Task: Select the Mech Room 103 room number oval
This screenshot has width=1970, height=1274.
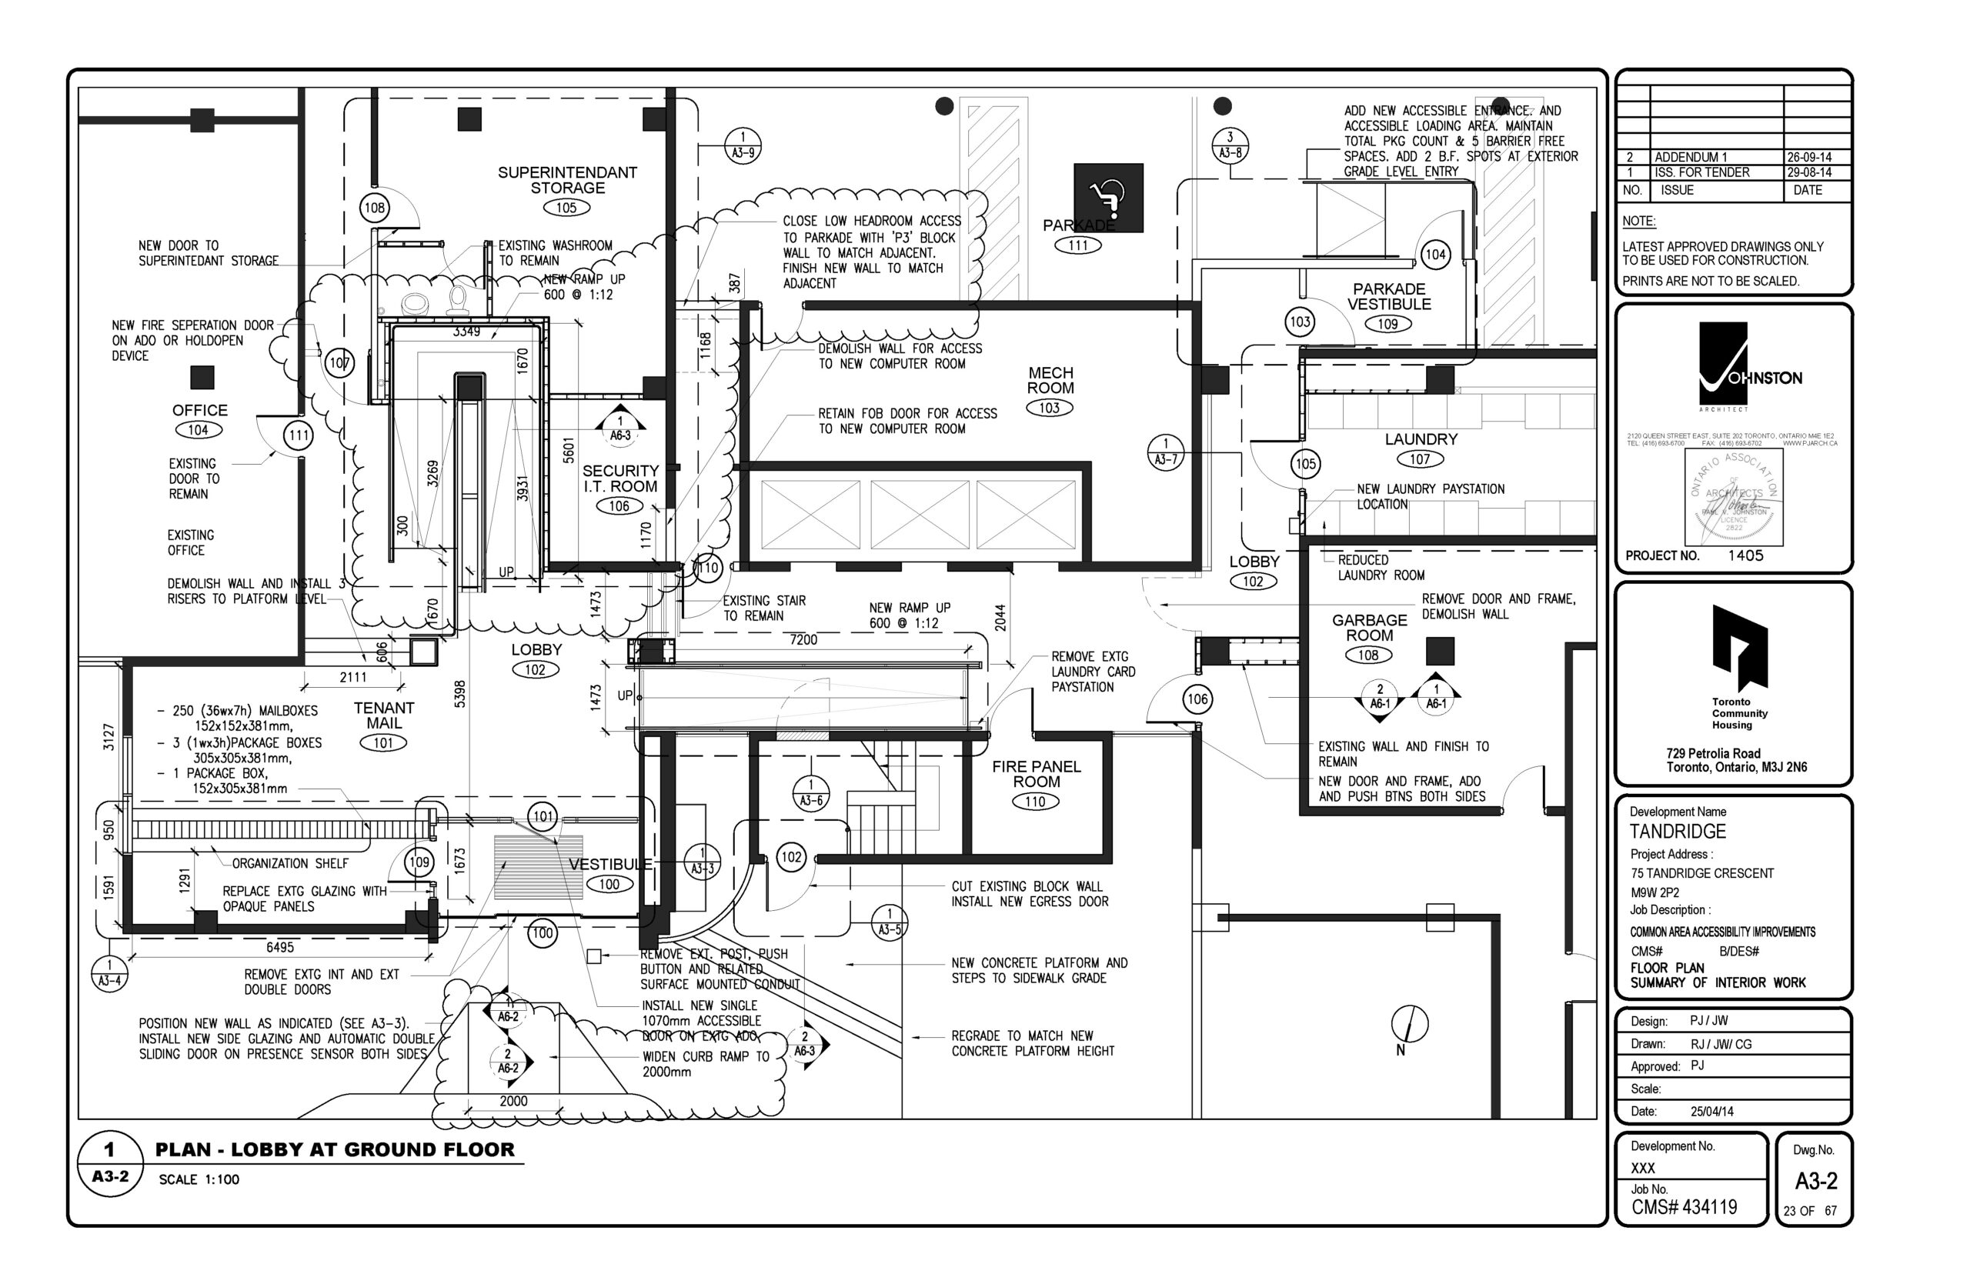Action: click(1048, 408)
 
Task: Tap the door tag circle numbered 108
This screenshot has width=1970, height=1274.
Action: click(374, 208)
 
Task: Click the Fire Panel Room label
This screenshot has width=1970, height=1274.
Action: click(1036, 775)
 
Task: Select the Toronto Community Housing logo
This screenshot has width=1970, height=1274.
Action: click(1738, 649)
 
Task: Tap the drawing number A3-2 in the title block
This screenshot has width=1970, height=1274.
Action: click(1815, 1182)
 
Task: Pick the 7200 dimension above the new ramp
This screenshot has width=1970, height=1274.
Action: click(803, 639)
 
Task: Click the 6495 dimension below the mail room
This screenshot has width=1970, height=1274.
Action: click(279, 947)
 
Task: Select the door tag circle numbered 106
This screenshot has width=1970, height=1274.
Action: click(1197, 699)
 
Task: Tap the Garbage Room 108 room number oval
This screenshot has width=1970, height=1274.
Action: click(1367, 655)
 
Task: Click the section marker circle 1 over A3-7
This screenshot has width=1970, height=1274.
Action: click(1165, 452)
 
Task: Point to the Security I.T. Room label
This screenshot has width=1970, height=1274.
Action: click(619, 479)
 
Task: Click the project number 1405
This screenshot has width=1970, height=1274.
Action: click(1745, 556)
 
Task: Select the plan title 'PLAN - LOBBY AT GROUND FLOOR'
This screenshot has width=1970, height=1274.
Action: click(334, 1150)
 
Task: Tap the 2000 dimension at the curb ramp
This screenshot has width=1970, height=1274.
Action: click(513, 1101)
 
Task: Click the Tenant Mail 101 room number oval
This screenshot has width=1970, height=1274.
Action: click(383, 743)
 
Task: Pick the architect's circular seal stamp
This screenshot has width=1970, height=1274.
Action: click(1732, 496)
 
